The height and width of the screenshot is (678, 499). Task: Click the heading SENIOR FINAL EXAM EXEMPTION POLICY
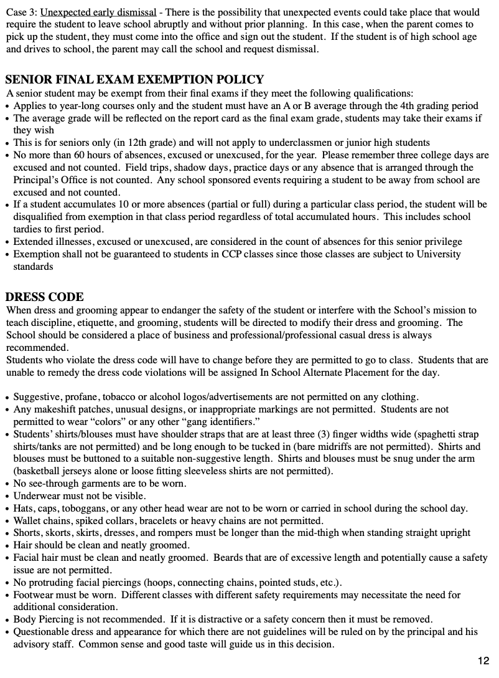[134, 80]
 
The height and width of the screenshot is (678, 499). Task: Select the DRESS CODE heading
[45, 297]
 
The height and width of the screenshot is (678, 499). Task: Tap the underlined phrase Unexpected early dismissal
[98, 12]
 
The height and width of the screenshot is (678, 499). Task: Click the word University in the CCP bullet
[439, 254]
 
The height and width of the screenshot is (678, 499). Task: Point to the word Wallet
[29, 521]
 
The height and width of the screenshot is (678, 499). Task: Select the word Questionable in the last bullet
[42, 632]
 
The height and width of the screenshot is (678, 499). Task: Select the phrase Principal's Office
[51, 180]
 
